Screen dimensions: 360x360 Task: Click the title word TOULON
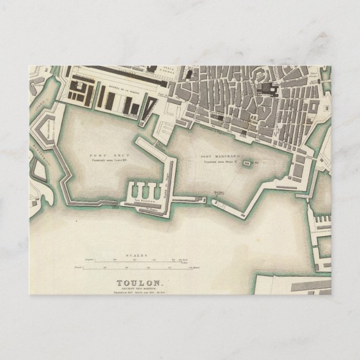coord(140,282)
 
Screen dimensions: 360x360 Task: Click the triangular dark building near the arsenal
coord(146,107)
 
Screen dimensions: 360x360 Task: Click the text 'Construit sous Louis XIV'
coord(106,159)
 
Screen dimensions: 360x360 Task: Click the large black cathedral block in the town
coord(273,90)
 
